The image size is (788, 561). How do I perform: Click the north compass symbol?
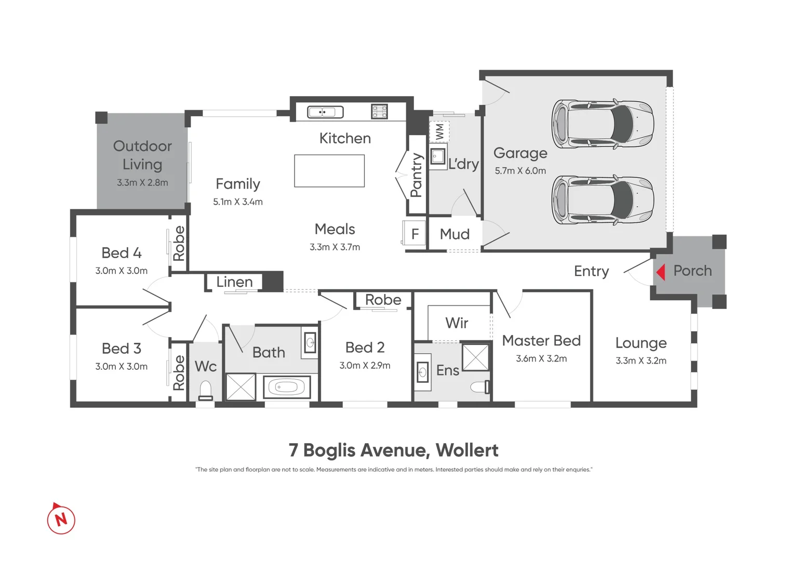(61, 519)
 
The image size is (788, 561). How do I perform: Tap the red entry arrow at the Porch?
(661, 272)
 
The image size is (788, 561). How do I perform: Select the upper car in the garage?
(602, 124)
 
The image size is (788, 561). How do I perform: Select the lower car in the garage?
(602, 199)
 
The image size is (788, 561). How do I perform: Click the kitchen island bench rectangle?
(329, 171)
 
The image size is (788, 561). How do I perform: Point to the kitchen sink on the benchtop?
(325, 112)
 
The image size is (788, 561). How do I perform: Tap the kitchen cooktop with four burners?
(379, 112)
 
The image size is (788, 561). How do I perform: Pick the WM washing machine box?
(439, 132)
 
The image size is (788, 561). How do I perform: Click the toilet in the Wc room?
(206, 390)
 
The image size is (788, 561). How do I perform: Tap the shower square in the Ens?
(476, 357)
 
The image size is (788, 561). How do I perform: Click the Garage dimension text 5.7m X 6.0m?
(520, 171)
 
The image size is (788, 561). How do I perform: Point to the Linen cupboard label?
(234, 282)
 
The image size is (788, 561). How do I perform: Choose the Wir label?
(457, 323)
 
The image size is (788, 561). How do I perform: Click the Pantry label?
(417, 175)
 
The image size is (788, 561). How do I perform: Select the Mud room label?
(455, 234)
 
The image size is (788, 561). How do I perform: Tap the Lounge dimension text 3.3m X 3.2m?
(640, 360)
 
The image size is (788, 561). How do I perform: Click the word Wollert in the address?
(466, 450)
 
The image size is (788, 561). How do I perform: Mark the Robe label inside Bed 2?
(383, 300)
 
